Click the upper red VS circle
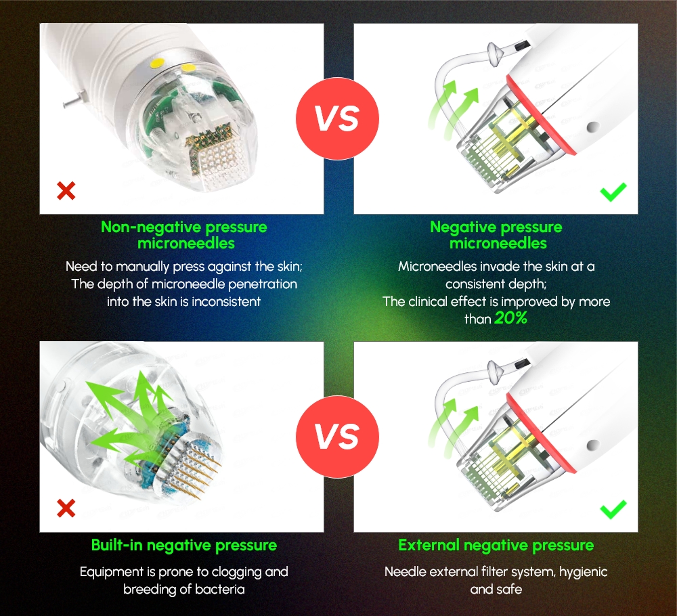tap(338, 119)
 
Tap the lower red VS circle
tap(338, 437)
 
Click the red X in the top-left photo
tap(66, 191)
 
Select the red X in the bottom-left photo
tap(66, 508)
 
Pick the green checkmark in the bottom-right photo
tap(613, 509)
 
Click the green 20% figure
tap(510, 318)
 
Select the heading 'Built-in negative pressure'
tap(183, 546)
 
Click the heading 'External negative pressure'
tap(496, 546)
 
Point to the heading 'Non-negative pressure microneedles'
tap(183, 235)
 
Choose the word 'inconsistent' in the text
tap(226, 301)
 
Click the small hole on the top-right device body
tap(594, 126)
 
